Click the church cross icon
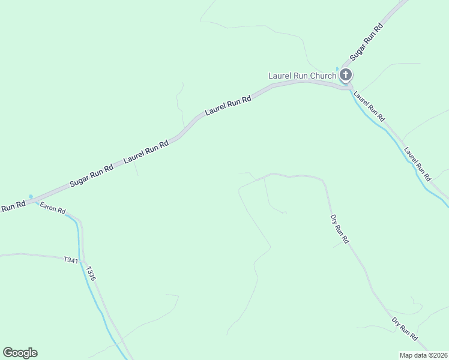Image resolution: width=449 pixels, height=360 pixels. tap(345, 75)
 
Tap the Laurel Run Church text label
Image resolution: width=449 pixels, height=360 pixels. tap(301, 76)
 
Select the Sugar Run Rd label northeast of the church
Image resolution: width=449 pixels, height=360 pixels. tap(366, 41)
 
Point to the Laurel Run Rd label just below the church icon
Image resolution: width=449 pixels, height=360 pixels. tap(369, 106)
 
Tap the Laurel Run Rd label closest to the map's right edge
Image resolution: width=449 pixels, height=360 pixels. tap(417, 164)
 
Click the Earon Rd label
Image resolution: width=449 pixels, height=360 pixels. tap(52, 208)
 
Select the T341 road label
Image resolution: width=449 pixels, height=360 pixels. tap(71, 260)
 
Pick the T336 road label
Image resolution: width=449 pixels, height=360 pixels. tap(91, 274)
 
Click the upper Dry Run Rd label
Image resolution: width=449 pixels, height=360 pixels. tap(339, 229)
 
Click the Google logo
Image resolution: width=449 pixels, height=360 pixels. tap(20, 353)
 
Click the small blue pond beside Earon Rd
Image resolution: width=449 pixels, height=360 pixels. tap(31, 196)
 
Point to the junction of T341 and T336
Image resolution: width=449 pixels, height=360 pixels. tap(82, 257)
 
